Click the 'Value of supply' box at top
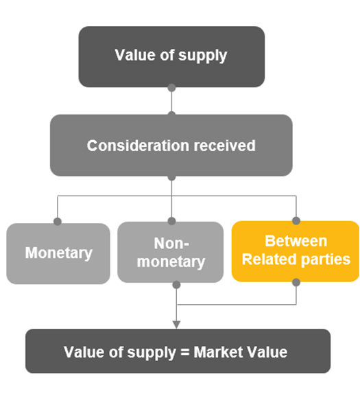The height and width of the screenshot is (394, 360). [x=171, y=56]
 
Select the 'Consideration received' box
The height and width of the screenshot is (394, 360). [x=171, y=146]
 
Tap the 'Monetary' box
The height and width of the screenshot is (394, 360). [x=58, y=253]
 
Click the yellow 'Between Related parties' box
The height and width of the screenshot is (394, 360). [x=295, y=251]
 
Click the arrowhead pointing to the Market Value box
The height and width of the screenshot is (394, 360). [x=176, y=323]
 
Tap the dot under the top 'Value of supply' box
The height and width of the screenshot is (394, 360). [x=171, y=88]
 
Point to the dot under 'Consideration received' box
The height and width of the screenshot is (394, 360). [x=171, y=177]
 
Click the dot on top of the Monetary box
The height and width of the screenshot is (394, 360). [x=58, y=222]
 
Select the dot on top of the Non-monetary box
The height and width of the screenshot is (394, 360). [x=171, y=221]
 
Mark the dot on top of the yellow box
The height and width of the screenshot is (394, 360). [x=296, y=221]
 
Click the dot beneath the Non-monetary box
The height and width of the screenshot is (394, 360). [x=176, y=283]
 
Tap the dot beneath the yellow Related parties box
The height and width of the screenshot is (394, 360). [x=296, y=282]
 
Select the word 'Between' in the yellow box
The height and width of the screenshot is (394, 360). [x=296, y=242]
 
